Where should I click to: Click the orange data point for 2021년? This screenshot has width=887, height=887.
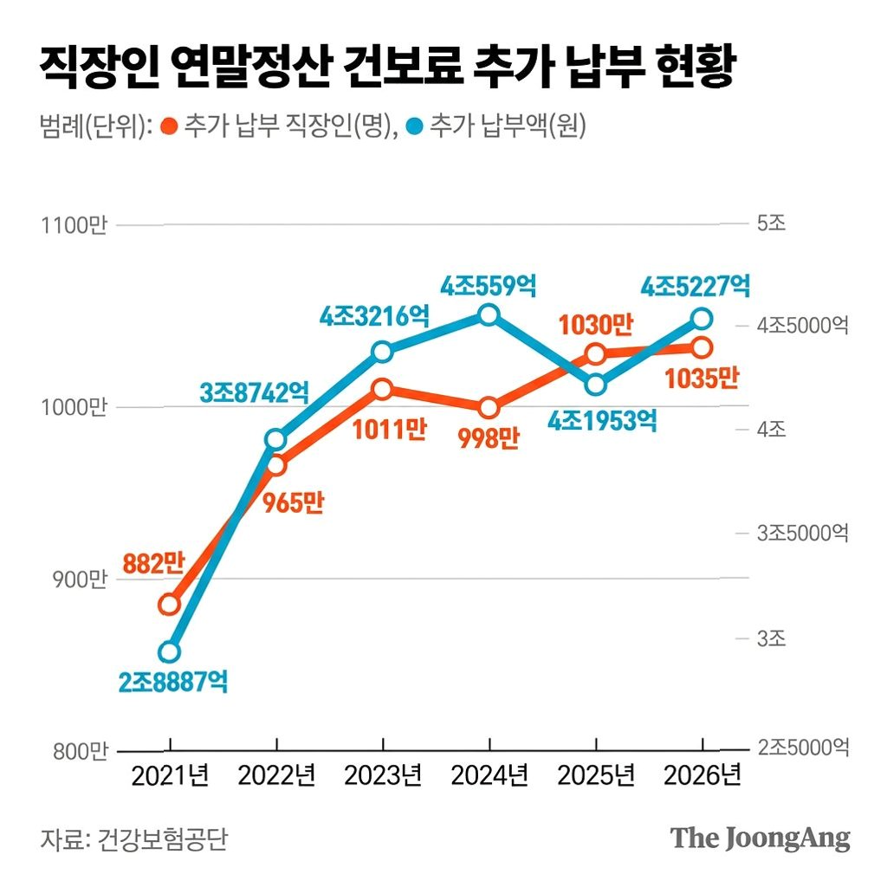coord(169,604)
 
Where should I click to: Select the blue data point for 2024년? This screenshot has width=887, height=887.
coord(489,314)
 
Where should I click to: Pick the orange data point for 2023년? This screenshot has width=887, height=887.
coord(382,389)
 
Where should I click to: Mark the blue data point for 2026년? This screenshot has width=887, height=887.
coord(702,319)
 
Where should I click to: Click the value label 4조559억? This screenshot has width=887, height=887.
coord(489,286)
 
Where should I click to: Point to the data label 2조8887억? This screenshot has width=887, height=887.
coord(173,682)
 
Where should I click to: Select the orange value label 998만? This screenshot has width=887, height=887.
coord(489,437)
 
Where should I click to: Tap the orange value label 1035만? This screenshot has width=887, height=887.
coord(702,378)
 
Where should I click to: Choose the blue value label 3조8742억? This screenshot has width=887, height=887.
coord(255,392)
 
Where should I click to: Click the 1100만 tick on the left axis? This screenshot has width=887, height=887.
coord(74,225)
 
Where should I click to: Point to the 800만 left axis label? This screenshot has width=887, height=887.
coord(81,751)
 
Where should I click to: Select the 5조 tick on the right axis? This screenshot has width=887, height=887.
coord(772,223)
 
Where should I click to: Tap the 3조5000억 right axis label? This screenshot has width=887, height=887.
coord(803,533)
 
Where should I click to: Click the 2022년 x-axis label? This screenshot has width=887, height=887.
coord(276,775)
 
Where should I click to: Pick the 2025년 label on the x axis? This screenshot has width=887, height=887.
coord(596,775)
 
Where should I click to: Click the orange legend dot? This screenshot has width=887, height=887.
coord(169,126)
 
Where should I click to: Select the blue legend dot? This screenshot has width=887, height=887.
coord(415,126)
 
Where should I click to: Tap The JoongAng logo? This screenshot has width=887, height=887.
coord(761,838)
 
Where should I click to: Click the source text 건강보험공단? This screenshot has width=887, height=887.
coord(163,838)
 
